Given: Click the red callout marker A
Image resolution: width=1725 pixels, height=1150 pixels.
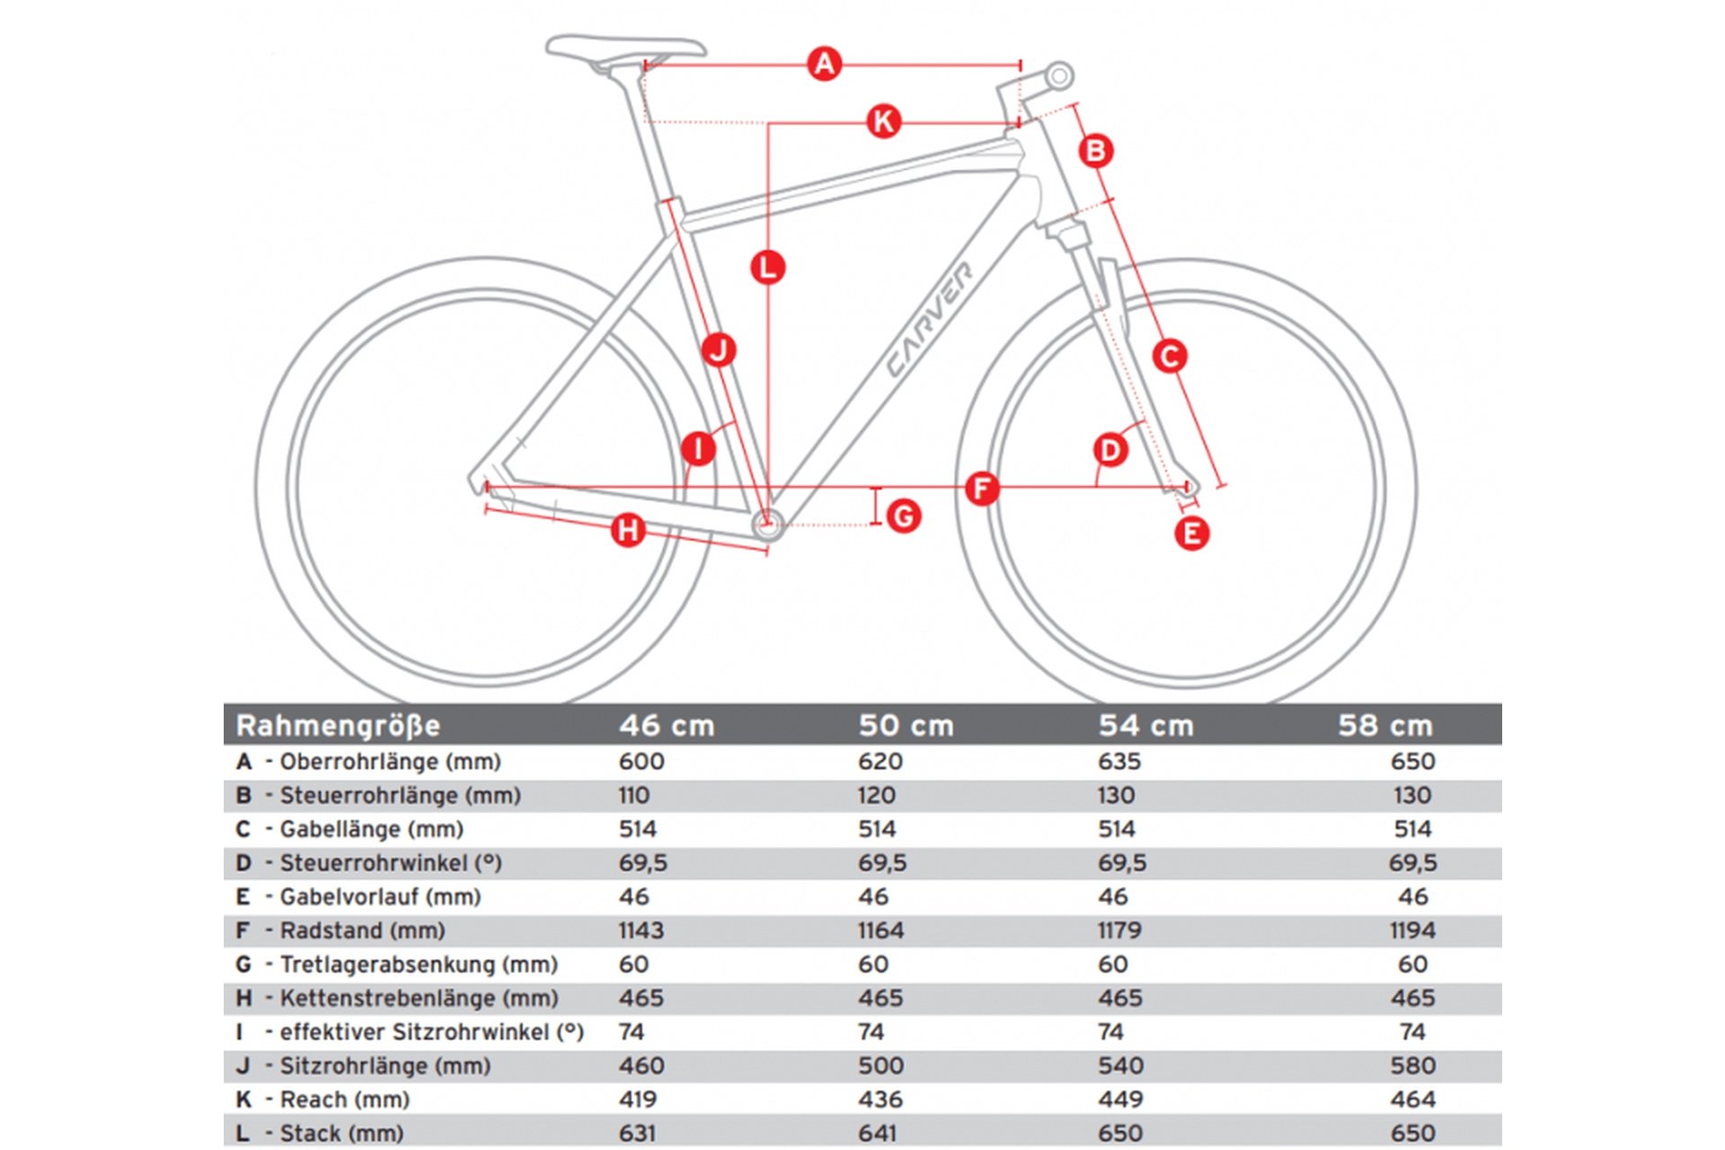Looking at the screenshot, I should click(x=824, y=65).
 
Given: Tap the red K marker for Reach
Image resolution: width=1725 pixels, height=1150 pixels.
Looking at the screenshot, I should click(x=883, y=121).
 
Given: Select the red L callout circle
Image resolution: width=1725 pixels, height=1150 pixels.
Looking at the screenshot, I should click(x=767, y=268).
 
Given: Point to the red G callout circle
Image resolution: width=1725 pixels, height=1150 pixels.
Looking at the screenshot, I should click(x=903, y=517).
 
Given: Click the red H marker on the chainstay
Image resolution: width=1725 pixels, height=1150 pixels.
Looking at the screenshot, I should click(x=628, y=530).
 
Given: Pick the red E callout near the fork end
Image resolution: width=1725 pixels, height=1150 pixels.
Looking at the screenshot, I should click(x=1191, y=534).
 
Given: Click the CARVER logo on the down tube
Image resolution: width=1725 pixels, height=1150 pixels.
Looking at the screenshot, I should click(x=929, y=320).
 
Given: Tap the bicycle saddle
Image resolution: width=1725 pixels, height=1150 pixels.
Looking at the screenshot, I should click(x=626, y=49).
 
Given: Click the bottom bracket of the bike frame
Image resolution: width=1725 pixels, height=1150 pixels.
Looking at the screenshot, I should click(x=766, y=522).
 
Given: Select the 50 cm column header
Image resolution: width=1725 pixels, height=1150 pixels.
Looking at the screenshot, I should click(x=906, y=725).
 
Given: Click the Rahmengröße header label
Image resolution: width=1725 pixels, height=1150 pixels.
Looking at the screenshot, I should click(x=338, y=725).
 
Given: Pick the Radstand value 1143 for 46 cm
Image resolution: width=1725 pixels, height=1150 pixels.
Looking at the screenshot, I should click(x=641, y=931).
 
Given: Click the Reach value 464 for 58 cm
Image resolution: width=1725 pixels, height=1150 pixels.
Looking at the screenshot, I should click(x=1412, y=1100).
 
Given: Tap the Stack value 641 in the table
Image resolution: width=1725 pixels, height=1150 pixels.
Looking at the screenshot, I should click(x=878, y=1133).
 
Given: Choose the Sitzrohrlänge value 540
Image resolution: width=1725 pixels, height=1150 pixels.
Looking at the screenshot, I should click(x=1120, y=1066).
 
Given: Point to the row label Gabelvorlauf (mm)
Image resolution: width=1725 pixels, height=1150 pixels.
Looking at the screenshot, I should click(x=380, y=897).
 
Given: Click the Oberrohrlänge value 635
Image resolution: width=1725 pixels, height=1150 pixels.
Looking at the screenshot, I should click(x=1119, y=762).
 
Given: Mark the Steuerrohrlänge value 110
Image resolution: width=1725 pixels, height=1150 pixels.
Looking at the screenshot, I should click(x=633, y=795).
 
